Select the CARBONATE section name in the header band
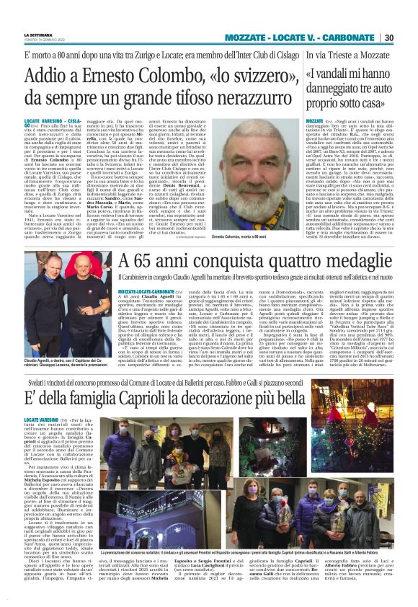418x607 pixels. tap(350, 37)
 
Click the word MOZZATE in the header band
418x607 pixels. tap(251, 37)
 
